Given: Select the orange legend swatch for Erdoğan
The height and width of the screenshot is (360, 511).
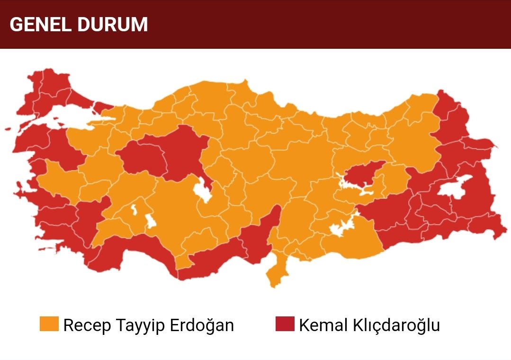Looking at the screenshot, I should (x=49, y=324).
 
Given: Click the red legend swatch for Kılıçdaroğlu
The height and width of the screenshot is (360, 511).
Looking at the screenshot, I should (x=285, y=324).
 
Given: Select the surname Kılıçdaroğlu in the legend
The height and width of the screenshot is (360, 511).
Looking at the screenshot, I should (x=393, y=325).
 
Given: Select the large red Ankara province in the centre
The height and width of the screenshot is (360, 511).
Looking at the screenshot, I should (x=182, y=152).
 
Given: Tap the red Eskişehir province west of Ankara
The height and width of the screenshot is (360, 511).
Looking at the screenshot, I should (x=142, y=159).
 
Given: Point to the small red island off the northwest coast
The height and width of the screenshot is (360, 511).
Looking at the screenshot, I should (x=8, y=128).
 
